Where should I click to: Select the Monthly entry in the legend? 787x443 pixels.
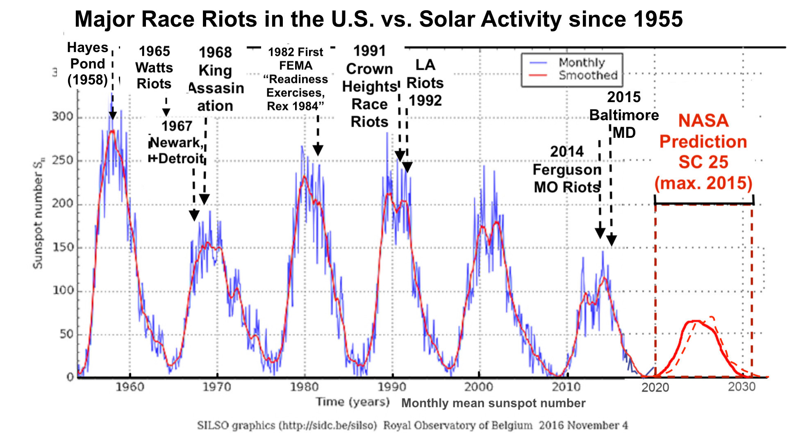point(581,62)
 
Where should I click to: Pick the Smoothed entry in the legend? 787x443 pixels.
point(588,75)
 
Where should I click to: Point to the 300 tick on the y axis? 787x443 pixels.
point(62,116)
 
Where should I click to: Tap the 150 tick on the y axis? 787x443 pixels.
point(62,247)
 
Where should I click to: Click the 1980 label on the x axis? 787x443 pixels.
point(304,387)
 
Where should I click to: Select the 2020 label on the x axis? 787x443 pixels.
point(655,387)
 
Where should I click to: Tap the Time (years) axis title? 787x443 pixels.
point(353,402)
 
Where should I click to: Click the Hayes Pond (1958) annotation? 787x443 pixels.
point(87,64)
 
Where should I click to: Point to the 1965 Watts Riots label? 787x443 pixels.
point(154,67)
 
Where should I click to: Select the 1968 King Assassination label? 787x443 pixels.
point(215,79)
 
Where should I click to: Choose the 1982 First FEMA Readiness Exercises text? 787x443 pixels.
point(296,79)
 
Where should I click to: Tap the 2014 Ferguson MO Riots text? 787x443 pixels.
point(566,169)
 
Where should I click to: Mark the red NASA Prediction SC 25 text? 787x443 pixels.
point(703,152)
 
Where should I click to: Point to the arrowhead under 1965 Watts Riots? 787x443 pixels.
point(166,112)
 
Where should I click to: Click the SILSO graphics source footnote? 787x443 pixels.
point(412,425)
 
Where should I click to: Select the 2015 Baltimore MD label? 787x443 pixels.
point(623,115)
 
